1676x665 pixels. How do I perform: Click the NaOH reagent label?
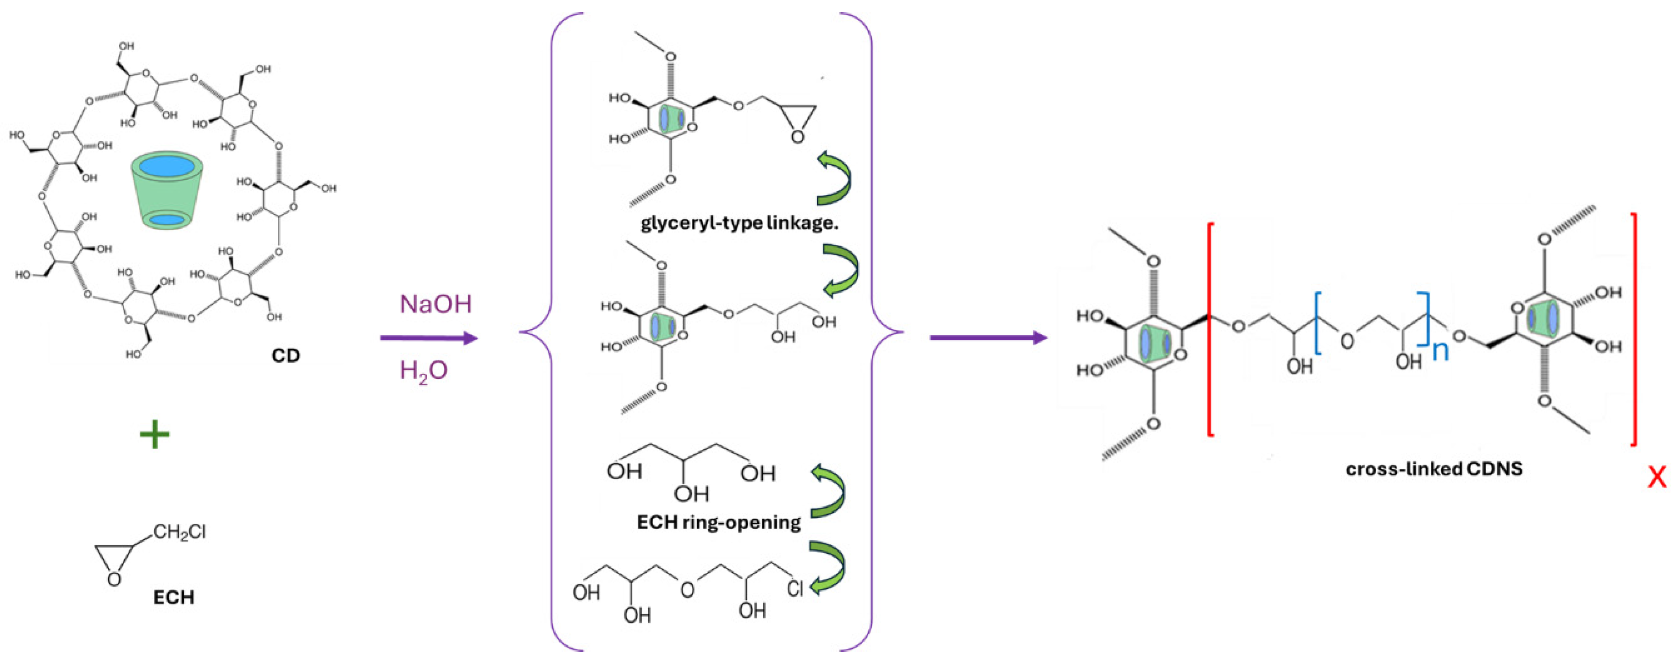click(435, 305)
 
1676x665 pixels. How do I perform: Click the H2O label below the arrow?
click(424, 371)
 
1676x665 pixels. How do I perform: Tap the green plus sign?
click(155, 435)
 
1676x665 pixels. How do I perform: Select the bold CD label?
click(286, 356)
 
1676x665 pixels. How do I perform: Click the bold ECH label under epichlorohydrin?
click(174, 597)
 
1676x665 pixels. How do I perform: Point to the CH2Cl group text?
click(180, 532)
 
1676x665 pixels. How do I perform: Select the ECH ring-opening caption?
click(719, 522)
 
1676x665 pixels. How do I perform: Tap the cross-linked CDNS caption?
click(1434, 469)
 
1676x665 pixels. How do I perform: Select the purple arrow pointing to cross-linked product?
click(987, 338)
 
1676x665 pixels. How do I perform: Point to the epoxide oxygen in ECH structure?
click(114, 578)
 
